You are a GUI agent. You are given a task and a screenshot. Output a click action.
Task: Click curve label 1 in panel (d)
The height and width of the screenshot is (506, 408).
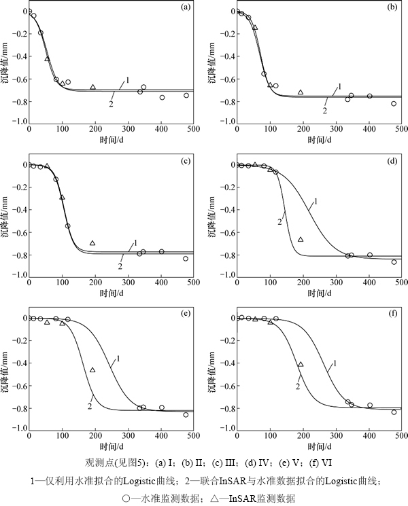pyautogui.click(x=315, y=200)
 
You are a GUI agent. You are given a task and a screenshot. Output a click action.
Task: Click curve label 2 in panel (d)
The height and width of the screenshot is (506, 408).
pyautogui.click(x=280, y=221)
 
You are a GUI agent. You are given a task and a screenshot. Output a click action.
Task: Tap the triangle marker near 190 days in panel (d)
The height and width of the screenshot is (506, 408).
pyautogui.click(x=300, y=239)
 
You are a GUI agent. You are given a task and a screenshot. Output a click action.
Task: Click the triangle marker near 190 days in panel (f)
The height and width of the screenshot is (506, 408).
pyautogui.click(x=300, y=365)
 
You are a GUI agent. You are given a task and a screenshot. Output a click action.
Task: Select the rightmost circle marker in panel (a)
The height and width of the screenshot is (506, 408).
pyautogui.click(x=186, y=96)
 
